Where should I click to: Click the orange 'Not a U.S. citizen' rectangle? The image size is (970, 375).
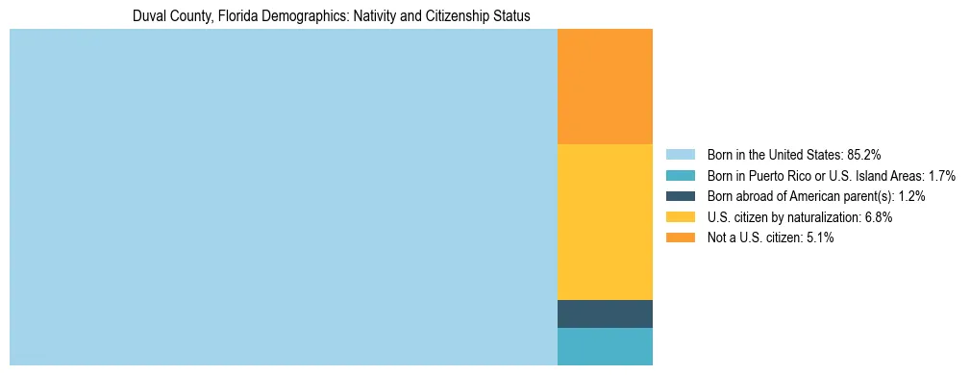coord(605,87)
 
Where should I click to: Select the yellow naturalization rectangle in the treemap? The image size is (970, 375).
coord(605,221)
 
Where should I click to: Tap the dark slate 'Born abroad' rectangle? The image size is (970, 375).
coord(605,313)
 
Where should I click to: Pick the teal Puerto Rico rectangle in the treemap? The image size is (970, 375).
coord(605,346)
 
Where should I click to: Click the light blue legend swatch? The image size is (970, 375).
coord(680,154)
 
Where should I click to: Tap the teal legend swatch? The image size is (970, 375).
coord(680,175)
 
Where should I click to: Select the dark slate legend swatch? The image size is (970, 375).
coord(680,196)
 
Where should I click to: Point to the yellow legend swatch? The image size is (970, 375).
coord(680,217)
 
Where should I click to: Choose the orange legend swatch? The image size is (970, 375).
coord(680,237)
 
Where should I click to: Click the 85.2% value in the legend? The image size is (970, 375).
coord(864,154)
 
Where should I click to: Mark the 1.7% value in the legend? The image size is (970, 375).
coord(942,175)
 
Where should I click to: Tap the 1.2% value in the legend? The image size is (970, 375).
coord(912,196)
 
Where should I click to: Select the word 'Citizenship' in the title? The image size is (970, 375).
coord(455,16)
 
